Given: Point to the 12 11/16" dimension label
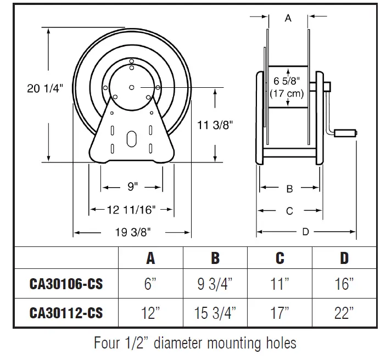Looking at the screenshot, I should click(x=132, y=209).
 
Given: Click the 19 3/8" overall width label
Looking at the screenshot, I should click(x=132, y=233).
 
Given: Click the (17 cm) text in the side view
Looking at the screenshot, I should click(x=288, y=93).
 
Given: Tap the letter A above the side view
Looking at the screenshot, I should click(x=288, y=18).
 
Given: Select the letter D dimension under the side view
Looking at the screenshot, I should click(x=306, y=232).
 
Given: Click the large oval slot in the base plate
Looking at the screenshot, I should click(x=132, y=138).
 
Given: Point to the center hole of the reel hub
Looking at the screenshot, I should click(x=132, y=87).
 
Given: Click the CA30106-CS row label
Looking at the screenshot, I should click(x=66, y=284).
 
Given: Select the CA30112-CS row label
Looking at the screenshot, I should click(x=66, y=313).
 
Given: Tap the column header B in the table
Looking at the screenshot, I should click(x=215, y=258).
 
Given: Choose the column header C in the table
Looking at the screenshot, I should click(x=279, y=258).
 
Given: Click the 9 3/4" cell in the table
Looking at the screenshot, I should click(x=215, y=284).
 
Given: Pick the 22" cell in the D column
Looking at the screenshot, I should click(x=344, y=313).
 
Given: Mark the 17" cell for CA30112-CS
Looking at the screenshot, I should click(x=279, y=313).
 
